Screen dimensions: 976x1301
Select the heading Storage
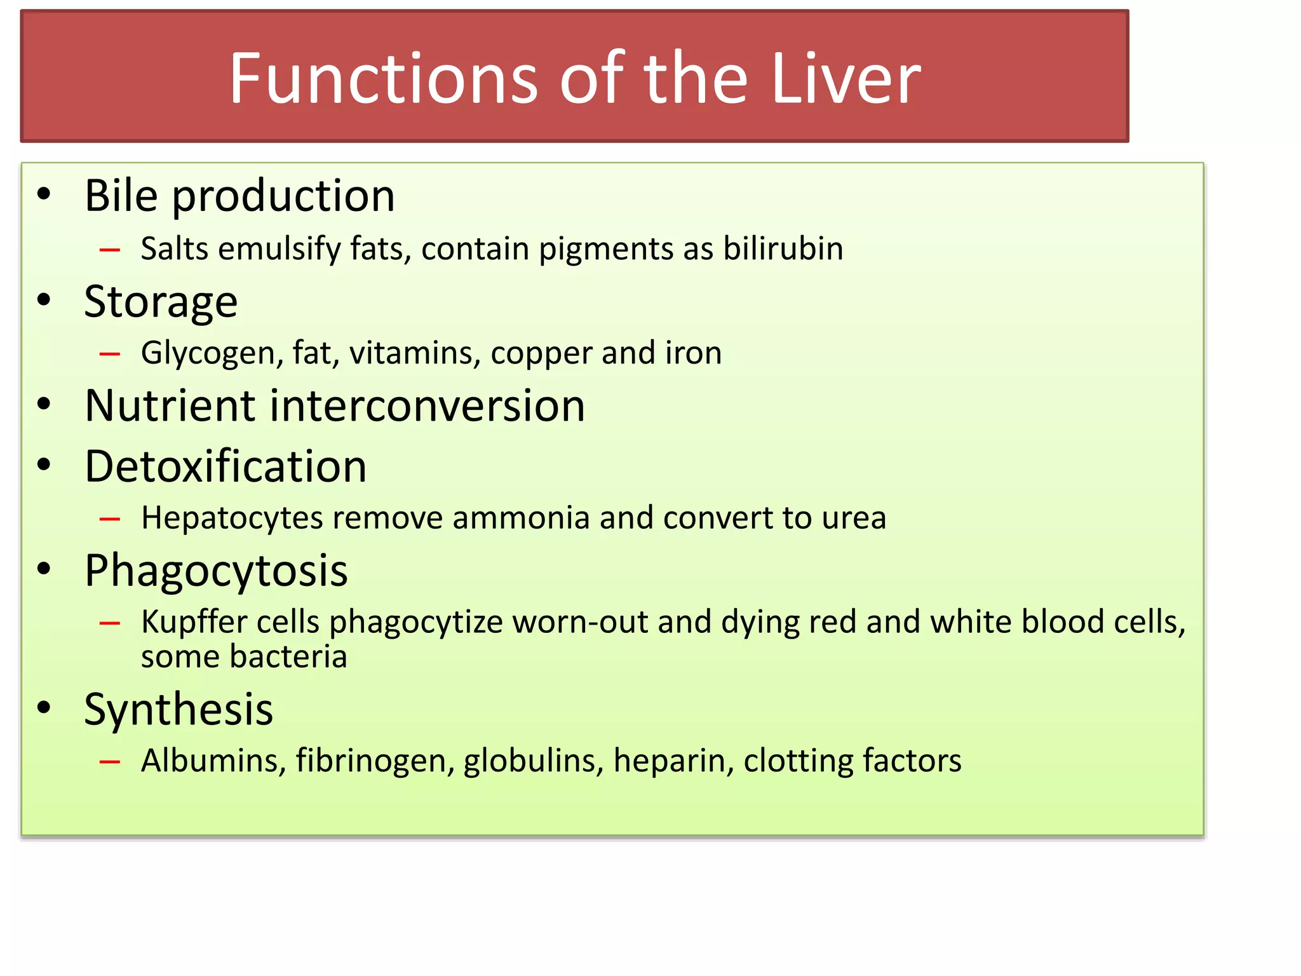pyautogui.click(x=161, y=301)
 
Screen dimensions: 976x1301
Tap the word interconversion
pyautogui.click(x=427, y=405)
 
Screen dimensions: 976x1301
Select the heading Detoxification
pyautogui.click(x=226, y=466)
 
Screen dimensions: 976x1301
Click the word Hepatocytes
pyautogui.click(x=232, y=518)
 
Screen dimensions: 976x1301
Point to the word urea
pyautogui.click(x=854, y=518)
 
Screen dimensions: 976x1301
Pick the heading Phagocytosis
pyautogui.click(x=216, y=571)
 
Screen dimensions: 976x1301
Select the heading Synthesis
pyautogui.click(x=179, y=709)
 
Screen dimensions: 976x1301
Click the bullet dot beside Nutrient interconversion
pyautogui.click(x=44, y=404)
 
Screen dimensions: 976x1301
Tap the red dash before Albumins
pyautogui.click(x=110, y=761)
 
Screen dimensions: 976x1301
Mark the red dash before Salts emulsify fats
pyautogui.click(x=110, y=250)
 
